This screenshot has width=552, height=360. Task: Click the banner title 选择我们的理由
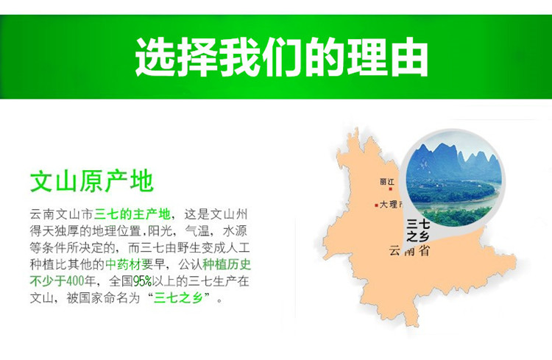(281, 57)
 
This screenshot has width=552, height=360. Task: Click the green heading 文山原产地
(91, 181)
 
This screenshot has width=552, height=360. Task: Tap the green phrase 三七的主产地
(132, 213)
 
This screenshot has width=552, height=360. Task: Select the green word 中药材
(123, 264)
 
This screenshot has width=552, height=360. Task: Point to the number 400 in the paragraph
(75, 281)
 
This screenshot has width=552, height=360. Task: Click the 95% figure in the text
(142, 281)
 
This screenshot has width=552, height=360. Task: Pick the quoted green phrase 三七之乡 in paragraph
(178, 298)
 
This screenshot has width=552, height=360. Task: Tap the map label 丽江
(387, 182)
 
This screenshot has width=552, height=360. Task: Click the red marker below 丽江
(390, 189)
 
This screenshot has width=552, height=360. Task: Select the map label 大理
(389, 205)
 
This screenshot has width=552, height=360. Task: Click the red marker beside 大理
(376, 205)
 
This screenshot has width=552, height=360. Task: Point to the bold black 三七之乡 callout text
(418, 230)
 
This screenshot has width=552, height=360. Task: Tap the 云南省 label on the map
(409, 250)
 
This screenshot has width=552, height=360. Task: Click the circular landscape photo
(454, 180)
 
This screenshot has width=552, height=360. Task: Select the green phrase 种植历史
(227, 264)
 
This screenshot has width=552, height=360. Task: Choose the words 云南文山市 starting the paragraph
(62, 213)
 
